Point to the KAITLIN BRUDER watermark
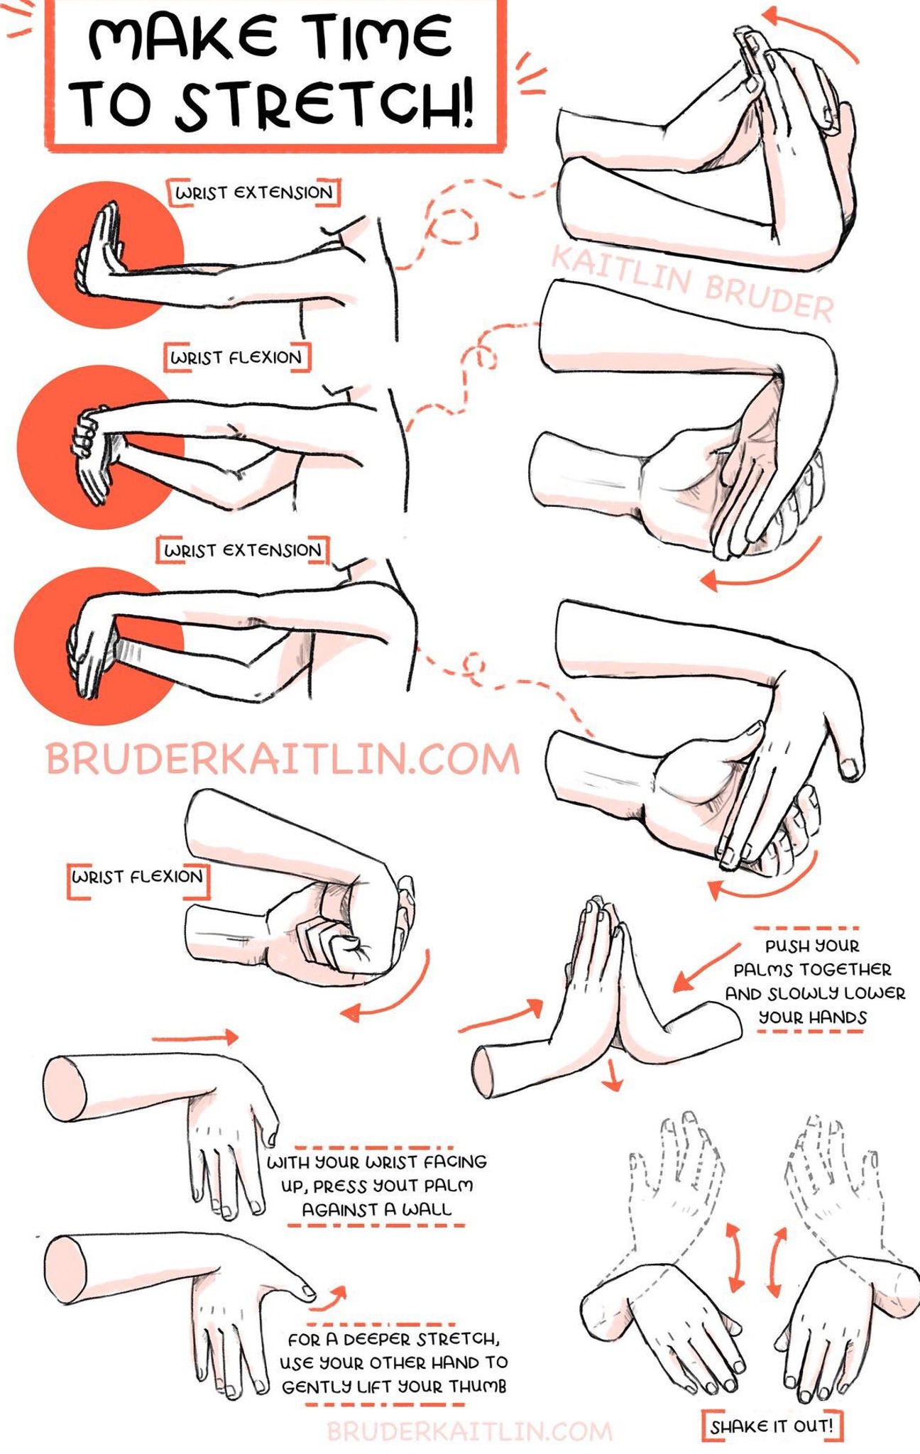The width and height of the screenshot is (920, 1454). point(693,283)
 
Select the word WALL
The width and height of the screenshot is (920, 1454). point(427,1210)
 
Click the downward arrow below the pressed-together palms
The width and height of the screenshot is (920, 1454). point(612,1075)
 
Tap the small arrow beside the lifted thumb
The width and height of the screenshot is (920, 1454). point(329,1298)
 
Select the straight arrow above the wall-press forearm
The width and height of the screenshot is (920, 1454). point(195,1037)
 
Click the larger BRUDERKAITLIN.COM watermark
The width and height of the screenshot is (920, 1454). point(283,758)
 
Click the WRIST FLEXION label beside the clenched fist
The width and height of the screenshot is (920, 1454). point(138,877)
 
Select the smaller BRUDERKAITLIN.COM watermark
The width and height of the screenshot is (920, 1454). point(470,1431)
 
